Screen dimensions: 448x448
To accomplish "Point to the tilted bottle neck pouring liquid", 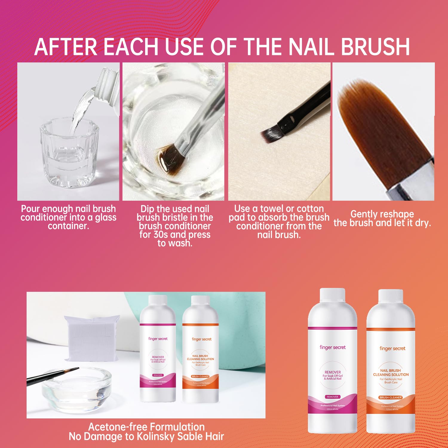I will coord(106,82).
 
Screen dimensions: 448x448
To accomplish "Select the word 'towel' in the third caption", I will coord(271,208).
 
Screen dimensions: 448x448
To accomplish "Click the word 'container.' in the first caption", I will coord(68,226).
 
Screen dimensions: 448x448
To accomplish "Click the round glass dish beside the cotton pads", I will coord(76,388).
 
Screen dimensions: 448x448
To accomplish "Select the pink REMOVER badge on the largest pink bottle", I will coord(332,397).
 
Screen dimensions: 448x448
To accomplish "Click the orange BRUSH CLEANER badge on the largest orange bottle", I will coord(391,398).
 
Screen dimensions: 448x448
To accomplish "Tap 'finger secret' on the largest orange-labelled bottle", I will coord(392,349).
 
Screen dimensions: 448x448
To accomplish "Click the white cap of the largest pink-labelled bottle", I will coord(332,297).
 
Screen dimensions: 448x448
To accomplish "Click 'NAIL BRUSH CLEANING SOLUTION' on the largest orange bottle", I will coord(391,372).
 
